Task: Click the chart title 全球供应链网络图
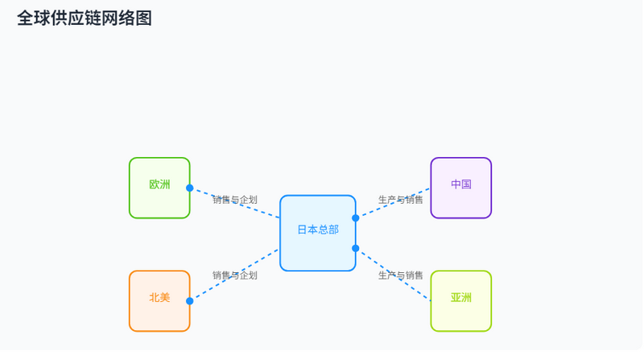pyautogui.click(x=85, y=19)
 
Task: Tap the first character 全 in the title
pyautogui.click(x=25, y=19)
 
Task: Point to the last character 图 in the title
pyautogui.click(x=144, y=19)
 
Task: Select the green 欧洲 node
pyautogui.click(x=159, y=188)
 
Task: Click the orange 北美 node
pyautogui.click(x=159, y=301)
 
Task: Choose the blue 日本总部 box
pyautogui.click(x=318, y=233)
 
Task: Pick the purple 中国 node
pyautogui.click(x=460, y=188)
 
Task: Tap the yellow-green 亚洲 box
pyautogui.click(x=460, y=301)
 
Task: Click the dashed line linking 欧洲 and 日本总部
pyautogui.click(x=235, y=203)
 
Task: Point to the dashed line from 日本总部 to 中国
pyautogui.click(x=393, y=203)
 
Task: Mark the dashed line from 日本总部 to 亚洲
pyautogui.click(x=393, y=275)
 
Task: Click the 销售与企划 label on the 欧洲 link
pyautogui.click(x=235, y=200)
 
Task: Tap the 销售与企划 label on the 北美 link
pyautogui.click(x=235, y=275)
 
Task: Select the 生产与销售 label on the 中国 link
pyautogui.click(x=400, y=200)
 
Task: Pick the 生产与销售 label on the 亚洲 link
pyautogui.click(x=400, y=275)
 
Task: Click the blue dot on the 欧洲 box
pyautogui.click(x=190, y=188)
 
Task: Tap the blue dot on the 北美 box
pyautogui.click(x=190, y=301)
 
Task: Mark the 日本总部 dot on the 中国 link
pyautogui.click(x=356, y=218)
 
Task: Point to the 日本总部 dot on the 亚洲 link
pyautogui.click(x=356, y=248)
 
